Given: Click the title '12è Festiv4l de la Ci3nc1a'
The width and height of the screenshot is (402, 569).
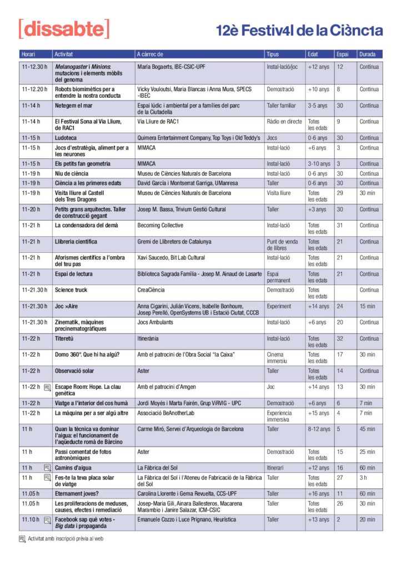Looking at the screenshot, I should pyautogui.click(x=299, y=31).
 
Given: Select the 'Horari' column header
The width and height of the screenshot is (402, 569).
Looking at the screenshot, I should pyautogui.click(x=28, y=54).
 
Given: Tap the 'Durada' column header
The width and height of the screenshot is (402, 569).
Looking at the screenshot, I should pyautogui.click(x=369, y=54).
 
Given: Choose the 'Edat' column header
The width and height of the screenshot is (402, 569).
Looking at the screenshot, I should pyautogui.click(x=313, y=54).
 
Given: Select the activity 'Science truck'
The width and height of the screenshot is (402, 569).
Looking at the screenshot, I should pyautogui.click(x=71, y=290).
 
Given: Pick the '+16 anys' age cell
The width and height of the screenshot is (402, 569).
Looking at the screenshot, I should pyautogui.click(x=319, y=493).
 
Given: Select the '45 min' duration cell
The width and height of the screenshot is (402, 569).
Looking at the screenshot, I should pyautogui.click(x=367, y=429).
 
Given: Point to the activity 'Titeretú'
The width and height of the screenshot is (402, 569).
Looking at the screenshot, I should pyautogui.click(x=66, y=338).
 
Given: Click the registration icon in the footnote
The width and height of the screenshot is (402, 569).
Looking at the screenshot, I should pyautogui.click(x=22, y=538).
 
